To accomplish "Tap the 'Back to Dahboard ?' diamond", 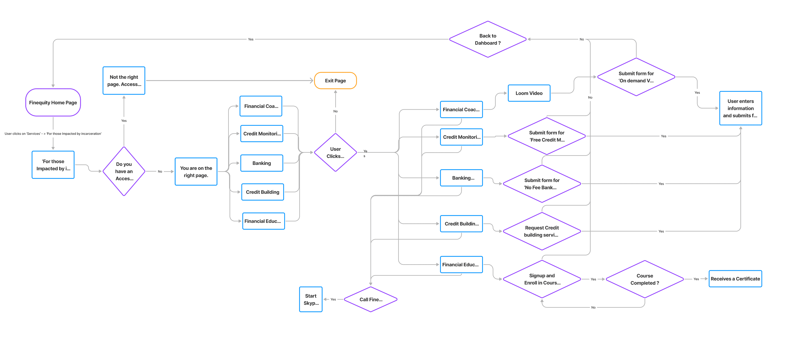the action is point(488,39).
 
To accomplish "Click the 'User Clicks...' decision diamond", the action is point(335,152).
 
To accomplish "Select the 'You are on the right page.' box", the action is point(196,171).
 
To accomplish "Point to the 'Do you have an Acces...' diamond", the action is point(124,171).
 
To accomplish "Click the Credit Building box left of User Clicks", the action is point(262,192).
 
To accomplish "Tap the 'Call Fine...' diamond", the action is point(371,299).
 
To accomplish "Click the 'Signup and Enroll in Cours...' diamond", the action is point(542,279).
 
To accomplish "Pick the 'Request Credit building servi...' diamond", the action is point(542,231).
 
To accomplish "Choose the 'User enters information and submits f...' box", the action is point(740,108).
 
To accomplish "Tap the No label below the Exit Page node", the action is point(335,111).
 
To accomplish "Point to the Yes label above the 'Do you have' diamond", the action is point(124,121).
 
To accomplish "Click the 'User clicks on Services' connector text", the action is point(53,134).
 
